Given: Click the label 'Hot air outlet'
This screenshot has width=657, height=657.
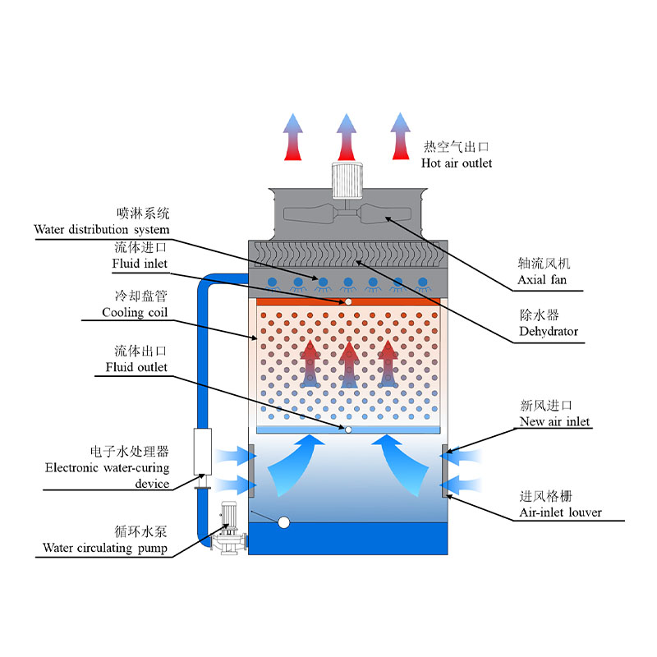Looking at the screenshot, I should click(x=457, y=163).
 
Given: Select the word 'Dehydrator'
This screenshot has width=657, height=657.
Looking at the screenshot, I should click(x=548, y=332).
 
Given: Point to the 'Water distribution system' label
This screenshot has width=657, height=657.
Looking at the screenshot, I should click(x=102, y=229).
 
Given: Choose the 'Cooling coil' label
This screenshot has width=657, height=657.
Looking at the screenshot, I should click(x=135, y=312).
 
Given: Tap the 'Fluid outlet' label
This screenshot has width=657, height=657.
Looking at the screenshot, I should click(x=136, y=367).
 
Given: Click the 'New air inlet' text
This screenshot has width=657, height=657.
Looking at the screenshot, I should click(x=554, y=421).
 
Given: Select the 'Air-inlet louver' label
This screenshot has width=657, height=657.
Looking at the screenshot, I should click(x=560, y=512).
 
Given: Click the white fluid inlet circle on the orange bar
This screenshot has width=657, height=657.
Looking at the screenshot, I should click(x=348, y=301).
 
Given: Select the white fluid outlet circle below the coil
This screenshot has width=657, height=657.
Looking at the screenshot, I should click(x=348, y=430).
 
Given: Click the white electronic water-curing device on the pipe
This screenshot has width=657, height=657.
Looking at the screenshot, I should click(x=200, y=451).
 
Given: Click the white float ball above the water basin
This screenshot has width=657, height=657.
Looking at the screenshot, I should click(x=284, y=521).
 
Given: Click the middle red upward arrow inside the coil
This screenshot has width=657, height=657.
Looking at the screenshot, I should click(x=349, y=365).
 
